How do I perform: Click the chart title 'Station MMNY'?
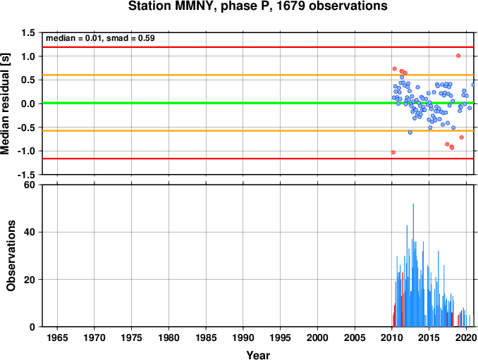click(171, 6)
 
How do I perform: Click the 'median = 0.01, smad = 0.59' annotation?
click(100, 38)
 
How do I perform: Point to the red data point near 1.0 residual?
click(458, 56)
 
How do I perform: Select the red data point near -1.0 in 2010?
click(393, 152)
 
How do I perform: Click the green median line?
click(258, 103)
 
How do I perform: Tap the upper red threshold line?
click(258, 47)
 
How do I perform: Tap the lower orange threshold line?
click(258, 130)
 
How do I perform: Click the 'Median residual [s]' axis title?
click(6, 104)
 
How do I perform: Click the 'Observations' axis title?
click(11, 256)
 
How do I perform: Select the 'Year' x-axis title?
click(258, 355)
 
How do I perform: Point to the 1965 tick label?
click(57, 337)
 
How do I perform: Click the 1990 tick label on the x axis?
click(243, 337)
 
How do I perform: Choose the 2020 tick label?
click(466, 337)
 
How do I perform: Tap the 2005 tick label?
click(355, 337)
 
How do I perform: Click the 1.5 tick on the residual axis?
click(28, 32)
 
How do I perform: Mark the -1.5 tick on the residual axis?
click(26, 175)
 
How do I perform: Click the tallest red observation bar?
click(403, 299)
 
